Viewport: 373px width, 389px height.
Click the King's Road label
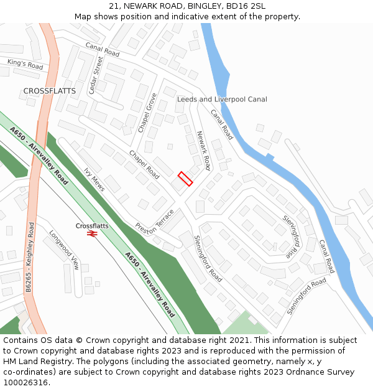pos(25,63)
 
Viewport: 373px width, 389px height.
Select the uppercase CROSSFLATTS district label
pos(50,91)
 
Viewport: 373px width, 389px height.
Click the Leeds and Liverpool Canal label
pos(222,99)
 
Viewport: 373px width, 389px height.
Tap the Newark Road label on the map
pos(204,151)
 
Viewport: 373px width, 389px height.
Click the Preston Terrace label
pos(155,221)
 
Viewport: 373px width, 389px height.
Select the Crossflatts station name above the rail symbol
pos(92,225)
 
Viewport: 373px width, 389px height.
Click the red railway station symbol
pos(92,233)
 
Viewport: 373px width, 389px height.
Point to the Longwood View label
pos(65,250)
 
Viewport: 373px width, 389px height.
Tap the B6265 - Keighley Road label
pos(29,256)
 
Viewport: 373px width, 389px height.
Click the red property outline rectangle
pos(185,179)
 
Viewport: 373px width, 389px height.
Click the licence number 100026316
pos(25,382)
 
